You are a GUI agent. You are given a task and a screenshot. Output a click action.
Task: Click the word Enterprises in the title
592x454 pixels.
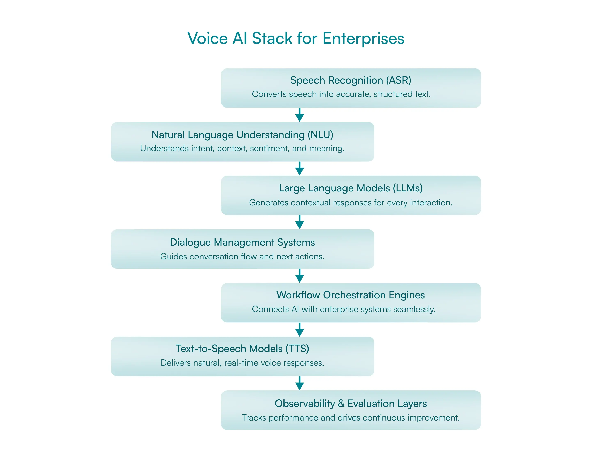(363, 39)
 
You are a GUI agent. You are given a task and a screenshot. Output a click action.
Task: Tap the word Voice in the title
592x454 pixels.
(208, 38)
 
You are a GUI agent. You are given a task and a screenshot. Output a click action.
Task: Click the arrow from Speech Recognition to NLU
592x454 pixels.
(299, 115)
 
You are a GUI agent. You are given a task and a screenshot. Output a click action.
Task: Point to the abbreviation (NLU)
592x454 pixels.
(320, 135)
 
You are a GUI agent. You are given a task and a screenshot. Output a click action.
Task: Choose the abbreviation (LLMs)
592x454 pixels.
(407, 188)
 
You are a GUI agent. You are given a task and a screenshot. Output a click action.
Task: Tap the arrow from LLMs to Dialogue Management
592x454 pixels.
(299, 222)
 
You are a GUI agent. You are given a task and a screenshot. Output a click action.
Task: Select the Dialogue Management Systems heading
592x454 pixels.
(242, 242)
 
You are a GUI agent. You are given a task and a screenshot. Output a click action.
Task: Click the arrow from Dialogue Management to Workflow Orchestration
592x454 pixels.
(299, 276)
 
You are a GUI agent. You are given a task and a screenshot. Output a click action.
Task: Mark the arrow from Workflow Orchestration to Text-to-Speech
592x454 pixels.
(299, 329)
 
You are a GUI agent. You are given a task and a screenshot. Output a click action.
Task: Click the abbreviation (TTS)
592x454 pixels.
(297, 349)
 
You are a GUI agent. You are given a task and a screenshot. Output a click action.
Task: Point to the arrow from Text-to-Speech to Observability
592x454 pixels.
(299, 383)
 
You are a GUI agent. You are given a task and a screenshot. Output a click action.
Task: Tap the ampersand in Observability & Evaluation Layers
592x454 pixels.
(341, 404)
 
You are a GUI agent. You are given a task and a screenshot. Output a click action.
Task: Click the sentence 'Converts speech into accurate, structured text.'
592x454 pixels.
(341, 94)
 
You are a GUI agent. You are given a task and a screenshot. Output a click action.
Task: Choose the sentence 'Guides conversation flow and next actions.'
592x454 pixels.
(242, 257)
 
